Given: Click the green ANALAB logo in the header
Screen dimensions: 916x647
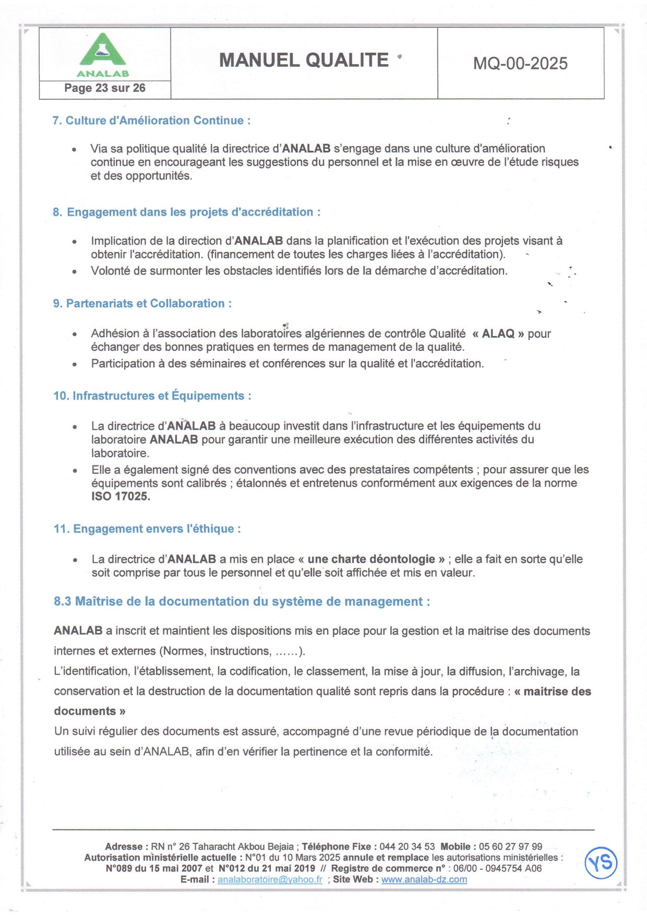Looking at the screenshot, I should (103, 55).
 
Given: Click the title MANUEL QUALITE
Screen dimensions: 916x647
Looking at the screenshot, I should (304, 61).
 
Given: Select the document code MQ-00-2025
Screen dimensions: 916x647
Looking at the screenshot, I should (520, 64).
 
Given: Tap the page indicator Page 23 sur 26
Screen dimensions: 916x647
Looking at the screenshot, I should (105, 88).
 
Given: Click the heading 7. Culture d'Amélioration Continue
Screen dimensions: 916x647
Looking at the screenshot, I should (151, 121).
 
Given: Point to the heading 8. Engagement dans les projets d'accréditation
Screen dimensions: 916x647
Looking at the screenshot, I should (186, 212).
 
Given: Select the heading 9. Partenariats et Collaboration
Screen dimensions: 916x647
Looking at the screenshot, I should (142, 304).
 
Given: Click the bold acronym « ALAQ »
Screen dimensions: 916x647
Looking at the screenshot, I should (498, 334).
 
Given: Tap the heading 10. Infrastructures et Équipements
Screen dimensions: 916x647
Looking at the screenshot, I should (152, 396).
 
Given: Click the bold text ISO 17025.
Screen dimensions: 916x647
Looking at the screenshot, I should (121, 496).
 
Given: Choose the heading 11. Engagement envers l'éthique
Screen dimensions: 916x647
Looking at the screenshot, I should (147, 529).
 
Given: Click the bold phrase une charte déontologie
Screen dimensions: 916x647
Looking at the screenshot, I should (371, 560).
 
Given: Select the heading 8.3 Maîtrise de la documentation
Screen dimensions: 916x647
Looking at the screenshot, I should (242, 602).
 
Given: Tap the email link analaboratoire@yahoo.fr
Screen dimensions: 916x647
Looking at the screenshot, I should (270, 879).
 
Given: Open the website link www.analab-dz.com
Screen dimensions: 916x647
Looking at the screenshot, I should (424, 879).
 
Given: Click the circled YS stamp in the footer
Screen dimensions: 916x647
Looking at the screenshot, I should (601, 862).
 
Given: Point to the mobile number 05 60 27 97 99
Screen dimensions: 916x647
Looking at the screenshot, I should (510, 847).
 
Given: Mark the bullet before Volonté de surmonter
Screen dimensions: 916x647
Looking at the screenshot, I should (75, 271).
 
